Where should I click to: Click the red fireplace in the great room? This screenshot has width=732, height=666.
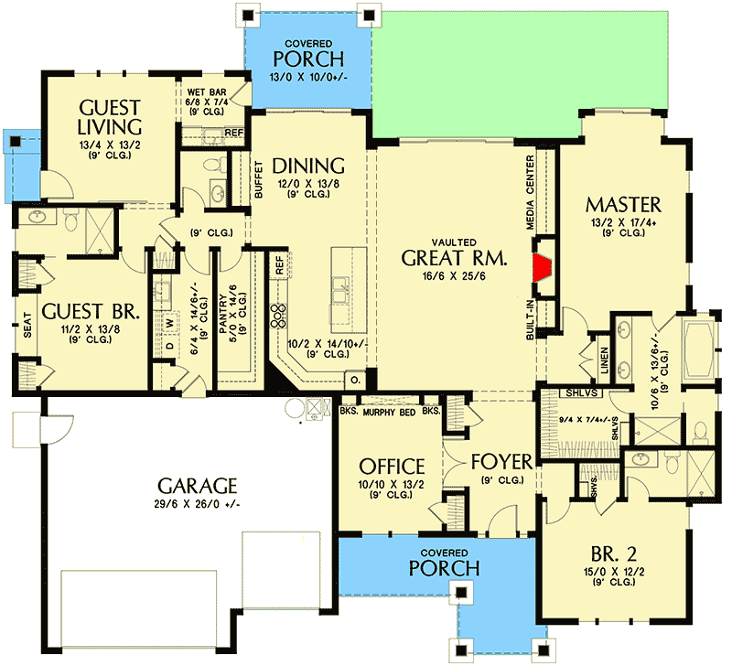[x=544, y=268]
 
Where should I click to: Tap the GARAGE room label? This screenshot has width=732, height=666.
[x=197, y=486]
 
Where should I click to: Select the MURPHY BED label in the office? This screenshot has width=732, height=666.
[x=389, y=412]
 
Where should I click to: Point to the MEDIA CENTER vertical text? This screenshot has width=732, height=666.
[x=530, y=192]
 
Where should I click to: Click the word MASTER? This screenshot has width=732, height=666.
[x=623, y=205]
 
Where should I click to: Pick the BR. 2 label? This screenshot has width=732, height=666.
[x=613, y=554]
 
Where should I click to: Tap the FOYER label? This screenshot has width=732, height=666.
[x=501, y=462]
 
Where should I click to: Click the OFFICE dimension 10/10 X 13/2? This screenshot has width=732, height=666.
[x=392, y=485]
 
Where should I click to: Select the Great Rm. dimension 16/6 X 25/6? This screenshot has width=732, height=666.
[x=454, y=276]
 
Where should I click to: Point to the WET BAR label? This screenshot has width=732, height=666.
[x=207, y=92]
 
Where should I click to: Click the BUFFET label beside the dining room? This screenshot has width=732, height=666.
[x=259, y=179]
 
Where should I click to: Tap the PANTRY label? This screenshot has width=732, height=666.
[x=222, y=314]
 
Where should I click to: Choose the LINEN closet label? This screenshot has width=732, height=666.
[x=604, y=360]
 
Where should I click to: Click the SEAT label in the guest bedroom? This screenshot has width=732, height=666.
[x=27, y=325]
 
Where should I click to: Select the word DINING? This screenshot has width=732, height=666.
[x=308, y=166]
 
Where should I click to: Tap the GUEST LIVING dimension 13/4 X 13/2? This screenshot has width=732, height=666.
[x=110, y=145]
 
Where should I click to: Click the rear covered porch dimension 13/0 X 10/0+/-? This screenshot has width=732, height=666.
[x=308, y=77]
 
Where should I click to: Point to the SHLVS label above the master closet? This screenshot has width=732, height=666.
[x=581, y=393]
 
